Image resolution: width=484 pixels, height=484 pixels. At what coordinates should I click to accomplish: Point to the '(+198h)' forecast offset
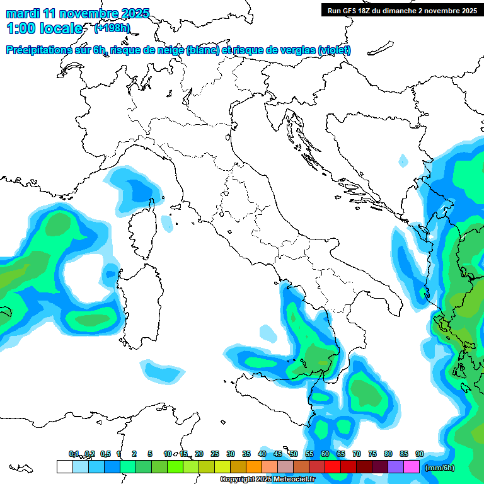coord(112,28)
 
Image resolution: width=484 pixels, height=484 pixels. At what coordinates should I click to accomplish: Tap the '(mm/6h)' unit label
coord(439,467)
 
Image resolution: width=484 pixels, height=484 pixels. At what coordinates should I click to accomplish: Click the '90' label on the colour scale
coord(419,454)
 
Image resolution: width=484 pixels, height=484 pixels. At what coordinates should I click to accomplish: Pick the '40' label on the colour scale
coord(262,454)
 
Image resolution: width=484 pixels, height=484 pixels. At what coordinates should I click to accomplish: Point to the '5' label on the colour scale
coord(150,454)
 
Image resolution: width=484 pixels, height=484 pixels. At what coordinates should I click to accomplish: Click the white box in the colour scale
coord(64,467)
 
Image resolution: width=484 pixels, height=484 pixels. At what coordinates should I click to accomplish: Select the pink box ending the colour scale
coord(412,467)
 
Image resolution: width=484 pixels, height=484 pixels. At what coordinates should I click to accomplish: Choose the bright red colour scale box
coord(333,467)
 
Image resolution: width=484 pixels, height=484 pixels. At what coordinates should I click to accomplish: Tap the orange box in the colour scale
coord(254,467)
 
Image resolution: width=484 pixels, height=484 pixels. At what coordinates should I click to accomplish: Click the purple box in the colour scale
coord(396,467)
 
